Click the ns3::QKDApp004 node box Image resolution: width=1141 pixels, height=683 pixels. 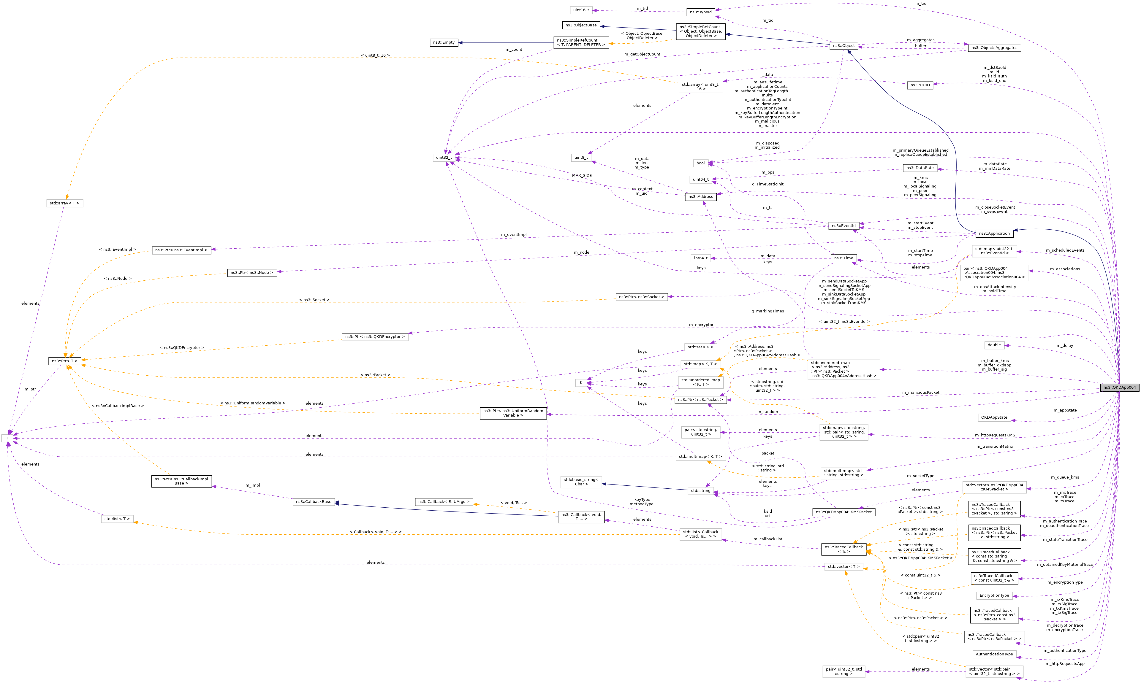pos(1119,387)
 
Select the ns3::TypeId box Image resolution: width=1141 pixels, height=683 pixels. pos(700,12)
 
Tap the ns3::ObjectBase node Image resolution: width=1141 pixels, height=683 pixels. pos(581,25)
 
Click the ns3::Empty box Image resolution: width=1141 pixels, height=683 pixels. pos(443,42)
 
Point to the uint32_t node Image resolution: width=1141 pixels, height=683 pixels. pos(444,158)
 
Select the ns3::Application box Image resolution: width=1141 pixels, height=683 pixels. pos(994,233)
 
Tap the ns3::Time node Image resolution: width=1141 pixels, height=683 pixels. pos(844,258)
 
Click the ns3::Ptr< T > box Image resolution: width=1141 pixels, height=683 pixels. pos(65,361)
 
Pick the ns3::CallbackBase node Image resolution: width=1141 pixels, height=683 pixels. pos(313,502)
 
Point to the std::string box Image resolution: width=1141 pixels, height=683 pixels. pos(700,491)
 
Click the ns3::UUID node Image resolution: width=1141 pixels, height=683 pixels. pos(920,85)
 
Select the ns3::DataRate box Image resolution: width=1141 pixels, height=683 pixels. pos(920,168)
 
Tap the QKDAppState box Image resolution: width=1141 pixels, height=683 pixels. pos(994,417)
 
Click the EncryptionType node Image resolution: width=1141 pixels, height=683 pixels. pos(994,595)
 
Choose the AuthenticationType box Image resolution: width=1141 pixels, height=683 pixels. pos(994,654)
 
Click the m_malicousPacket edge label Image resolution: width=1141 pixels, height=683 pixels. pos(920,393)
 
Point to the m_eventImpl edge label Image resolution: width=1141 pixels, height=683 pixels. pos(513,235)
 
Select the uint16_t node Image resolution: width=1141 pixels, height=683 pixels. pos(581,10)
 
